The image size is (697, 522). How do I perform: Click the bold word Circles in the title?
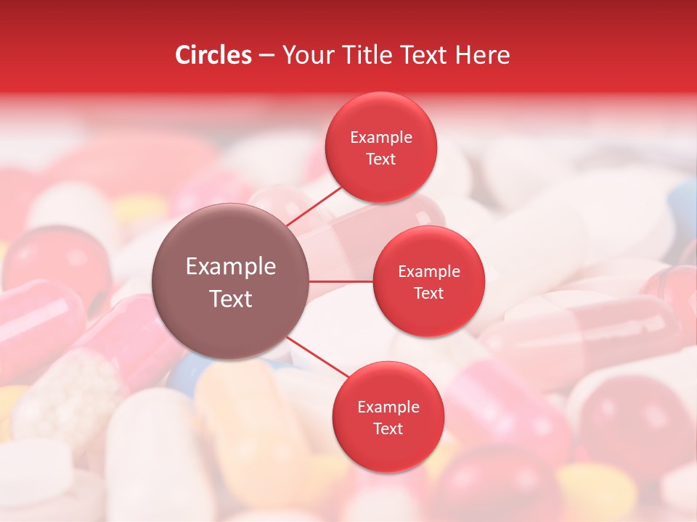coord(213,55)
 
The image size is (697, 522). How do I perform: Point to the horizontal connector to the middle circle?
coord(341,281)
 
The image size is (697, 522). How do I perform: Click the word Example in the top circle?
coord(381,138)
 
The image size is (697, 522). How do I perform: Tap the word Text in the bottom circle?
coord(388,429)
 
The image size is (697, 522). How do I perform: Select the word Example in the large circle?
coord(231,267)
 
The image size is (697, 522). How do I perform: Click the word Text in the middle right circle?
coord(429,294)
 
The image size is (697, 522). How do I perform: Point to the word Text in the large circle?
coord(231,299)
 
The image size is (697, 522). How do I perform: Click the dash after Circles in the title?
coord(266,55)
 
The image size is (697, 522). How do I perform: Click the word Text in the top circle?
coord(381,159)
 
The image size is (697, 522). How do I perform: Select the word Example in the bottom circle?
coord(388,407)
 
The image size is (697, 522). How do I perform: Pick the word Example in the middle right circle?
coord(429,272)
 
